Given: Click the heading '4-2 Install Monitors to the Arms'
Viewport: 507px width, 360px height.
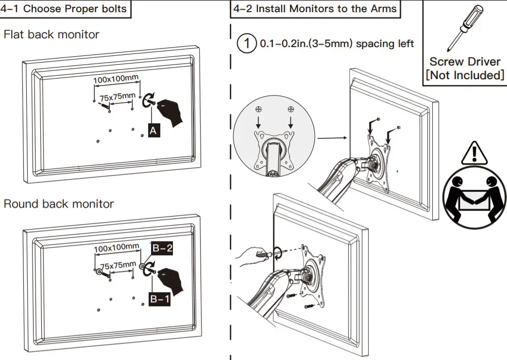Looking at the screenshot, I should point(315,9).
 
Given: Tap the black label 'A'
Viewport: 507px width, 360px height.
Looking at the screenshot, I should point(154,130).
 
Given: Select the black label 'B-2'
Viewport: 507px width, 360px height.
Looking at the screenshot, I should point(162,248).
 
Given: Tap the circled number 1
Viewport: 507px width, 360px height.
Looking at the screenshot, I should point(246,44).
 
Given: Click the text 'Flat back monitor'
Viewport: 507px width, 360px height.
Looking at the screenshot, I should point(51,35).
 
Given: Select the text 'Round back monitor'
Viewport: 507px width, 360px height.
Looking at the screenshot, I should point(59,204).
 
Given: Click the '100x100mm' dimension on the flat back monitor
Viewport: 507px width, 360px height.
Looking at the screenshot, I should point(116,78).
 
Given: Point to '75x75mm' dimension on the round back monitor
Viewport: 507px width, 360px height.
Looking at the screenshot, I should point(118,265).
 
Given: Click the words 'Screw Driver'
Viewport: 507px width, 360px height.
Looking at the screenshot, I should point(465,62).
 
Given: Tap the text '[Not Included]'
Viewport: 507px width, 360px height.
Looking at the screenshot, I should point(465,75).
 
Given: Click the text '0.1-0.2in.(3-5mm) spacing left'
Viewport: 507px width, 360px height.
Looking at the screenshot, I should point(337,44).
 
